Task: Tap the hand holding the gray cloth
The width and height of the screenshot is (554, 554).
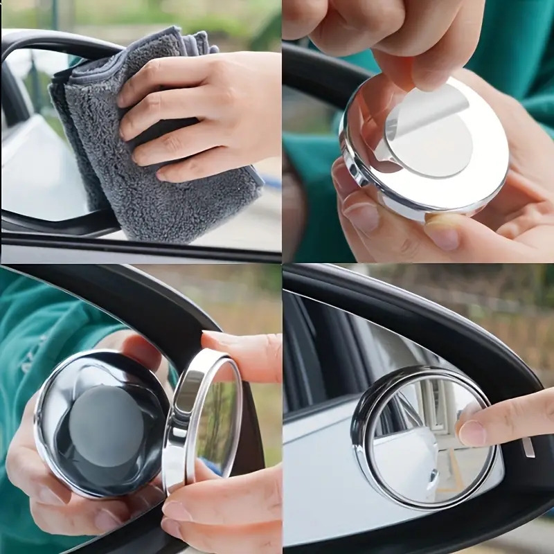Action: pyautogui.click(x=208, y=104)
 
